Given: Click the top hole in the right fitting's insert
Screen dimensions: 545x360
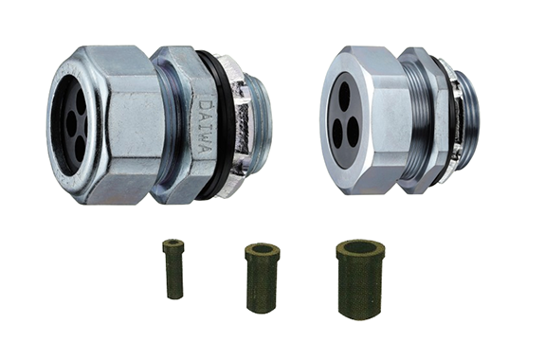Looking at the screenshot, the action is click(344, 93).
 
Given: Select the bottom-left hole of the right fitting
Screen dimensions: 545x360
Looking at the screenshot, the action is click(336, 130).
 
